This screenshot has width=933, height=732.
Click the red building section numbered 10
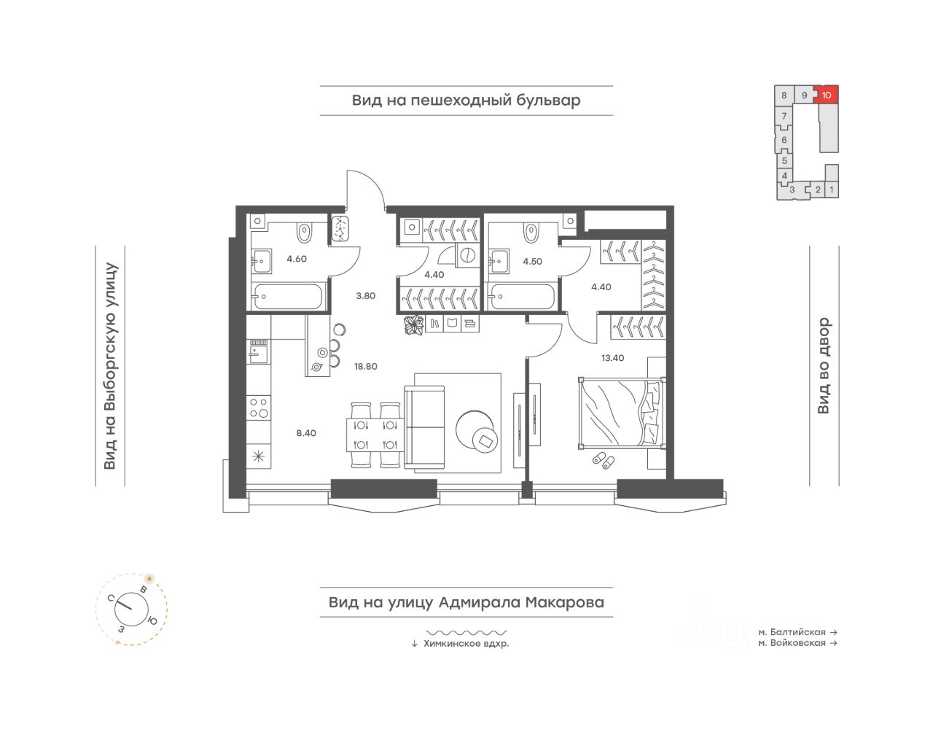(x=827, y=95)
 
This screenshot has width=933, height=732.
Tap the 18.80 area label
(x=365, y=366)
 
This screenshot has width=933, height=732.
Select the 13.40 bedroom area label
(x=612, y=358)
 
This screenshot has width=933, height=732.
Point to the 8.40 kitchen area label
(x=306, y=433)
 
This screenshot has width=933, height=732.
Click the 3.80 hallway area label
(x=365, y=295)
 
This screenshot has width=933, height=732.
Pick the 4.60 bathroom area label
(x=297, y=258)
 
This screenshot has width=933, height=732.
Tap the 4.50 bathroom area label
(x=532, y=261)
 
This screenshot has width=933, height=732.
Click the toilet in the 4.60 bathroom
(x=304, y=233)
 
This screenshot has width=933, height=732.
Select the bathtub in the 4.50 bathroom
(x=522, y=296)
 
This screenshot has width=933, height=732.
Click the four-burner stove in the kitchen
(x=259, y=408)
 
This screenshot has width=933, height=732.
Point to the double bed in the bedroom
(x=621, y=413)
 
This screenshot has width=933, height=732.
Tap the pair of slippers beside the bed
(x=604, y=460)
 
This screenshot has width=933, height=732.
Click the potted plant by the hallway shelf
(x=414, y=325)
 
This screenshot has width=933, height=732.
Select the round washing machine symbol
(x=467, y=255)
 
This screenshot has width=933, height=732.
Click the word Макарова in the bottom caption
(x=565, y=602)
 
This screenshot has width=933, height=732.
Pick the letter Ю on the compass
(x=152, y=620)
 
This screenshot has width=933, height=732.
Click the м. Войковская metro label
(x=792, y=643)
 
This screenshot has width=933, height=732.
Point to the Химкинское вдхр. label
(x=466, y=644)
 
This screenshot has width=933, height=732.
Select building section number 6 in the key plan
(x=784, y=140)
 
